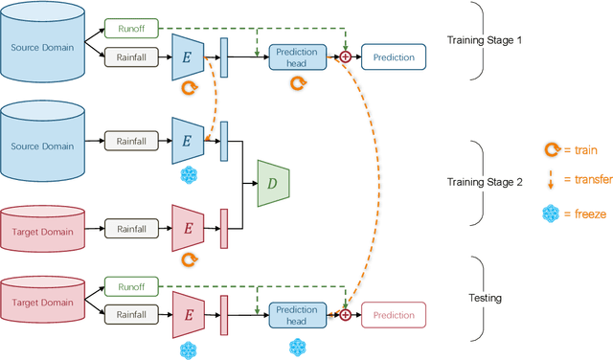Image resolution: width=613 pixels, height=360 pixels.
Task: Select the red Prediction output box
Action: point(393,315)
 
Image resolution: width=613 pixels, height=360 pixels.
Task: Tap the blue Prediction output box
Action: point(393,57)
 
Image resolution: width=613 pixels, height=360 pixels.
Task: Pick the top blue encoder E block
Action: point(187,57)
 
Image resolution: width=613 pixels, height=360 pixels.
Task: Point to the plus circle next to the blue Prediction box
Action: point(346,57)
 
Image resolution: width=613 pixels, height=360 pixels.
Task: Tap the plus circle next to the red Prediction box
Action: point(346,313)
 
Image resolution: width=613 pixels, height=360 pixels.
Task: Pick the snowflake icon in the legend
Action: point(550,213)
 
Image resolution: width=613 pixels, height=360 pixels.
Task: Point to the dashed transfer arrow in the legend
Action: point(550,180)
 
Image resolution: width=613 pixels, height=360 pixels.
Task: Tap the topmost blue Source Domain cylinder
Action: point(41,47)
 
